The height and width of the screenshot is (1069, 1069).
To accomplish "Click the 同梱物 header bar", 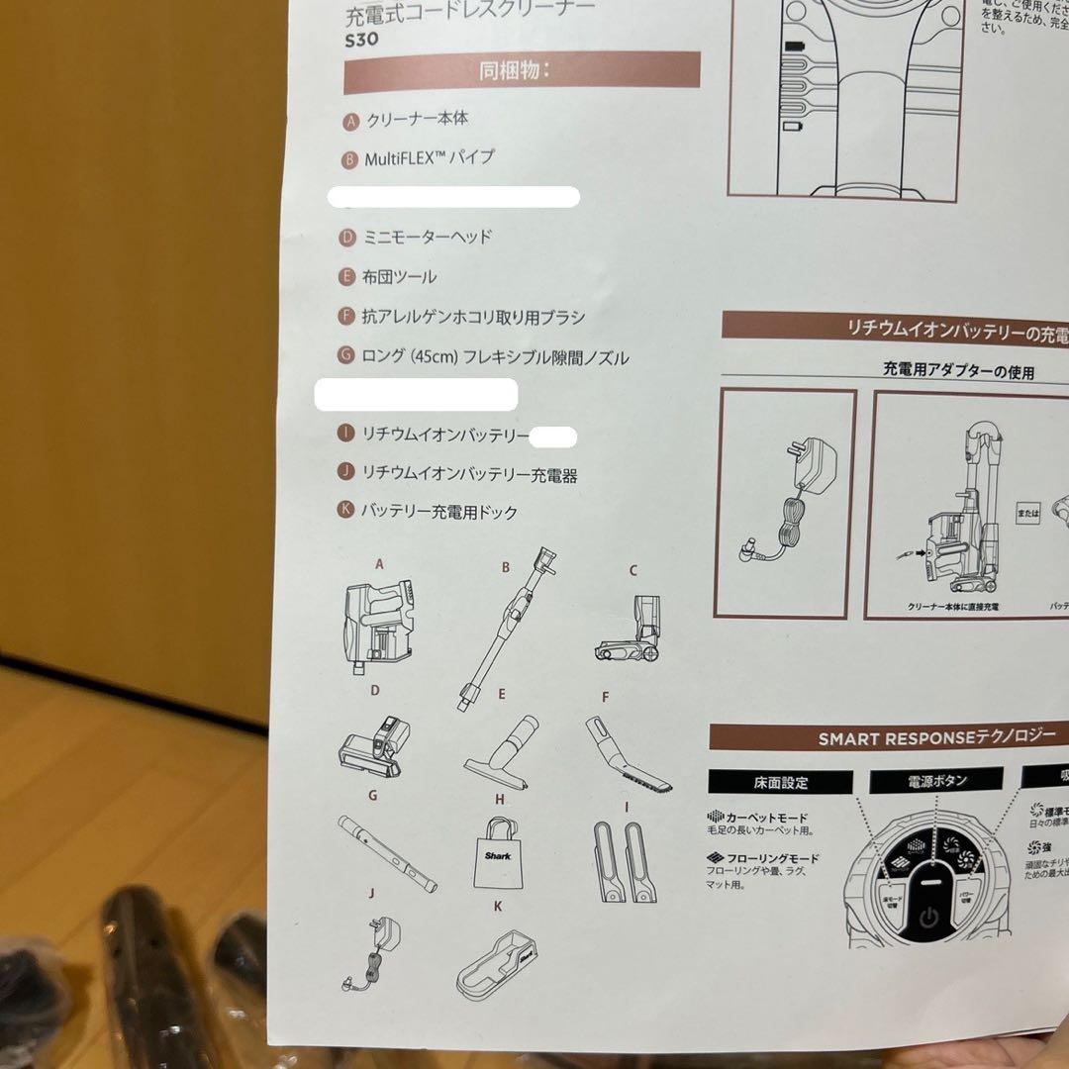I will click(522, 71).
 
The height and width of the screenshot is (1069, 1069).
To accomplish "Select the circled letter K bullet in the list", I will click(345, 511).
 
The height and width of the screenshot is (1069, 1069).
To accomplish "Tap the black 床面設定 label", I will click(780, 782).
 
